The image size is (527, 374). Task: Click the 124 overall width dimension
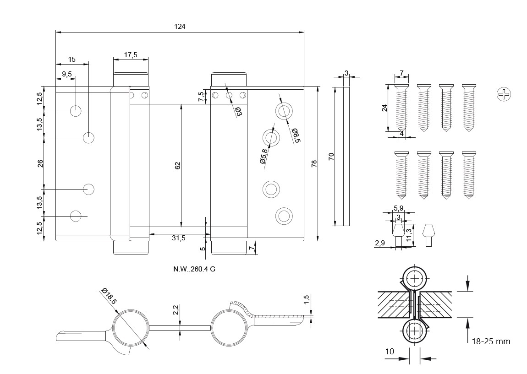click(x=180, y=27)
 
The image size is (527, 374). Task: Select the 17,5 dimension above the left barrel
click(x=131, y=55)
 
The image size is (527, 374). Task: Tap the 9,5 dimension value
click(x=67, y=74)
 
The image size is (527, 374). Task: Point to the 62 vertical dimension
click(x=178, y=165)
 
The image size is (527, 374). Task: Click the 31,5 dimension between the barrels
click(x=178, y=238)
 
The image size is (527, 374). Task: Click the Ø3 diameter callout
click(x=238, y=112)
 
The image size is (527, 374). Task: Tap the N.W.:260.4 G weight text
click(x=194, y=269)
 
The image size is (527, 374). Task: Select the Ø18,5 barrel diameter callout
click(x=109, y=296)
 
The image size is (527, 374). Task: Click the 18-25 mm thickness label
click(x=491, y=341)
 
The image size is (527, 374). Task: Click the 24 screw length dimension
click(x=384, y=108)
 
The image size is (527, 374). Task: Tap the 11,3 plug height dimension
click(x=409, y=235)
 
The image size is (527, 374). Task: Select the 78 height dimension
click(x=314, y=163)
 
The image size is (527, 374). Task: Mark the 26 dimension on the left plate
click(x=40, y=163)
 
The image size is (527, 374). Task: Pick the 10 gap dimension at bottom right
click(x=390, y=352)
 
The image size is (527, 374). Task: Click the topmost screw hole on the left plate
click(x=76, y=110)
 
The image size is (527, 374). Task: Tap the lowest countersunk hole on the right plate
click(x=283, y=215)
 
